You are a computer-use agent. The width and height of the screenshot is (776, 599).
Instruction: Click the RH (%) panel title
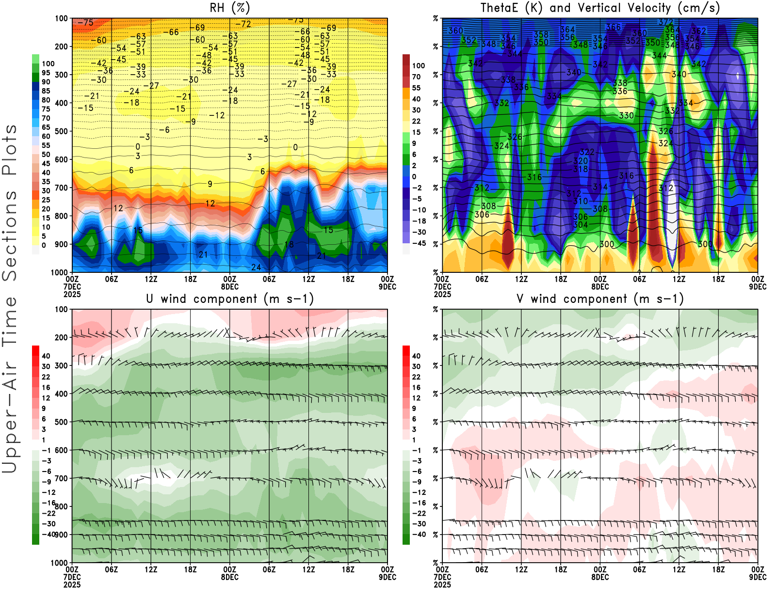(230, 8)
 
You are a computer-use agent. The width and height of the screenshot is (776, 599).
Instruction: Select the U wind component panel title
(230, 299)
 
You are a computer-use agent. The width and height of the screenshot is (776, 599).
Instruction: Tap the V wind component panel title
(600, 299)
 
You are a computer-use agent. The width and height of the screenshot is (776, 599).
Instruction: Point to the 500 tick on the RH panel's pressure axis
(61, 131)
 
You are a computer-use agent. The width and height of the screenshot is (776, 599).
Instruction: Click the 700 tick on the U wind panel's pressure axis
(61, 478)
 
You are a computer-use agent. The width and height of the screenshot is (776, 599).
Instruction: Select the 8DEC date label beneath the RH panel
(230, 286)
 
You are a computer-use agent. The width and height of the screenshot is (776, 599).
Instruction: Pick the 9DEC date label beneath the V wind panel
(758, 577)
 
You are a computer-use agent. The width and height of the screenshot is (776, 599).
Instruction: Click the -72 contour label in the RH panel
(243, 24)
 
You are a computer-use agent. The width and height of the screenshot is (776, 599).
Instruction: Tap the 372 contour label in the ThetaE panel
(665, 22)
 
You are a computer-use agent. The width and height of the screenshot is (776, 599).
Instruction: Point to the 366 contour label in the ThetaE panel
(613, 27)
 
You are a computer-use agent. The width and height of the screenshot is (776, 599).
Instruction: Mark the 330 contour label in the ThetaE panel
(626, 115)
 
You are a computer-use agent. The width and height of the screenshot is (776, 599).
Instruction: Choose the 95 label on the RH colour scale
(46, 73)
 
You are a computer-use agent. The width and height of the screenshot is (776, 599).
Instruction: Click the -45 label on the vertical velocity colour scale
(419, 243)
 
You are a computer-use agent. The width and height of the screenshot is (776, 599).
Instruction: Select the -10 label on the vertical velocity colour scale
(419, 210)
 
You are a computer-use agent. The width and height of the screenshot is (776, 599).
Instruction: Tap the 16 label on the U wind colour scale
(46, 387)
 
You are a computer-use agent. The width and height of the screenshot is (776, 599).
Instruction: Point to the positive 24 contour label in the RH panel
(256, 267)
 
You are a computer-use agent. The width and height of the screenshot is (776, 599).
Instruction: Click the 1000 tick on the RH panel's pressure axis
(59, 272)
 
